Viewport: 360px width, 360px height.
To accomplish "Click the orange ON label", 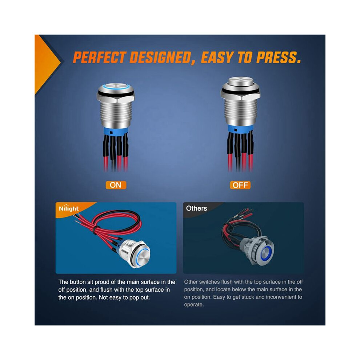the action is [x=116, y=185].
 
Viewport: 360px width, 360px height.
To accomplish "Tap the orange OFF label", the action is [x=240, y=185].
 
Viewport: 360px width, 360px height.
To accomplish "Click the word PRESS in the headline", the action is [x=279, y=57].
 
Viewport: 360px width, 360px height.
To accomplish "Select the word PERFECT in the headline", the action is [x=100, y=57].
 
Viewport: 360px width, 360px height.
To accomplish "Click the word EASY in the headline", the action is [x=217, y=57].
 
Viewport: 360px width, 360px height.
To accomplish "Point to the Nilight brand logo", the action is [x=69, y=208].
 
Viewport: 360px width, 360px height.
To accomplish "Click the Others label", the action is [x=196, y=208].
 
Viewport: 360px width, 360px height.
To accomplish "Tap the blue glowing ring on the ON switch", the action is [x=115, y=87].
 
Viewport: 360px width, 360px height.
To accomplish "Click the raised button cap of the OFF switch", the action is [x=240, y=81].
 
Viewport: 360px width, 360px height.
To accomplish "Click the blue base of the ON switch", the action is [x=116, y=131].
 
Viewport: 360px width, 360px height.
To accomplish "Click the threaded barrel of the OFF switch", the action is [x=240, y=112].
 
